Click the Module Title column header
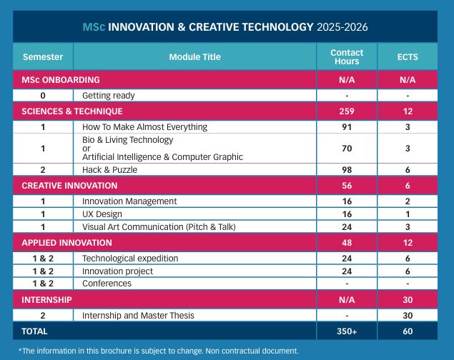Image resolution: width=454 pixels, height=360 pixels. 194,57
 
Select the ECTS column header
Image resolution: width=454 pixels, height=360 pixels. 408,57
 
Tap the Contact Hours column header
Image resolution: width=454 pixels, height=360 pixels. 347,57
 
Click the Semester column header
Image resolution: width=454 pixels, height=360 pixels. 43,57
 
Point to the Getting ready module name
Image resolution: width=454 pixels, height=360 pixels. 109,95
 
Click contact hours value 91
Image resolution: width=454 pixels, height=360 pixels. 347,127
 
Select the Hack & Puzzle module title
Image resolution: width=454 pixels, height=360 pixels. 109,169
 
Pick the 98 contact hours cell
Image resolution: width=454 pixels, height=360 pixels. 347,169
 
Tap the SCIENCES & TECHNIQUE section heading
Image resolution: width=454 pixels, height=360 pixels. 72,111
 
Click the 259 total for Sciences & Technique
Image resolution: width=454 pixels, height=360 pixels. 347,111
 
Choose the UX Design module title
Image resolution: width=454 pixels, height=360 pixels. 102,214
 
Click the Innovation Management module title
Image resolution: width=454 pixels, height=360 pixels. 129,201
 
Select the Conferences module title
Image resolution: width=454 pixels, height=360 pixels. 107,284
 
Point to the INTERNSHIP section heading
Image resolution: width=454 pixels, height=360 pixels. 46,300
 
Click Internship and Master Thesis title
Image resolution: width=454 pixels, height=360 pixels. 138,315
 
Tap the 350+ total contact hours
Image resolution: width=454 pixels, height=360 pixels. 347,331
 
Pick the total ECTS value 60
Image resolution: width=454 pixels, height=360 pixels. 408,331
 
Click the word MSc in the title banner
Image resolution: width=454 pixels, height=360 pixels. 94,27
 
